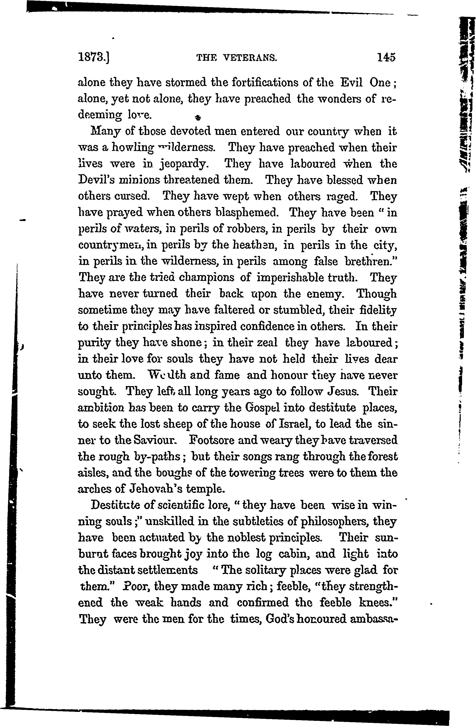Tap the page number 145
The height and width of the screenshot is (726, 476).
[x=386, y=57]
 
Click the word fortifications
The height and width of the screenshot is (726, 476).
[x=265, y=83]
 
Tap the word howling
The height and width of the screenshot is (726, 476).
[x=132, y=148]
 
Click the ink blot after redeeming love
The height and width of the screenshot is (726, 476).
[x=197, y=117]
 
